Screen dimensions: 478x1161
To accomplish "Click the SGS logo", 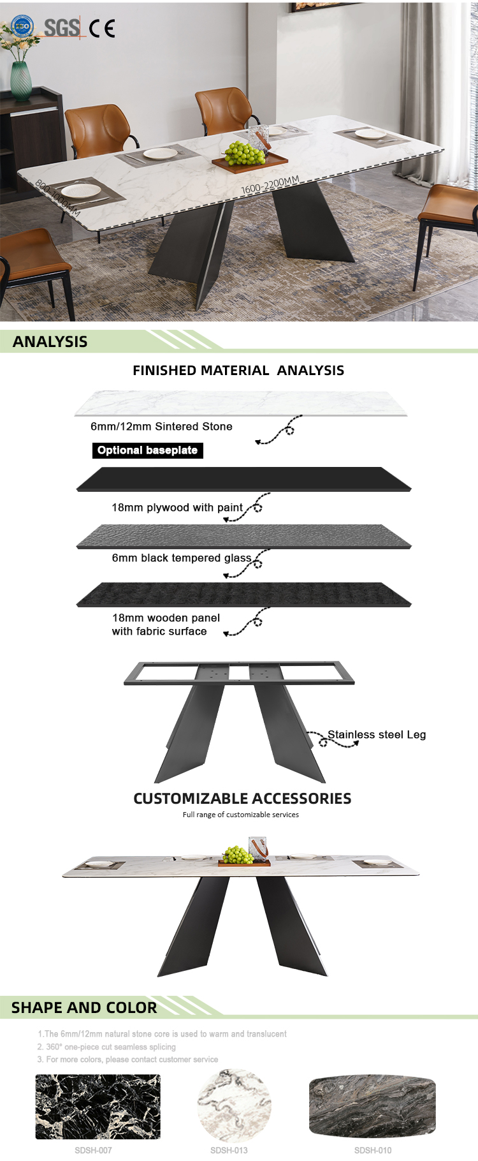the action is click(x=62, y=27).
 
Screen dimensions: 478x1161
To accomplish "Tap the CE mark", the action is click(x=102, y=29).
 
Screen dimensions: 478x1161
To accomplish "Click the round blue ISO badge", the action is click(x=22, y=27).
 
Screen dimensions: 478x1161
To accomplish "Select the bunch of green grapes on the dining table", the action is click(x=245, y=153).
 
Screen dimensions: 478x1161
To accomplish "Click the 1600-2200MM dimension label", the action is click(x=270, y=184).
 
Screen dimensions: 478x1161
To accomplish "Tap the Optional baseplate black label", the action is click(x=148, y=450).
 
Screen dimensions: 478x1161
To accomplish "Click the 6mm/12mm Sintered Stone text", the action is click(x=161, y=426).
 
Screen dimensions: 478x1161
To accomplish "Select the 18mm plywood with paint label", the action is click(x=177, y=508).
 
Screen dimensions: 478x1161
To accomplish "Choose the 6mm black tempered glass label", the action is click(x=182, y=558).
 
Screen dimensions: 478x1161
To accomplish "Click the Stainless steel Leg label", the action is click(x=377, y=735).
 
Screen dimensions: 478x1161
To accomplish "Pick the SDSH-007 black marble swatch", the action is click(x=98, y=1107).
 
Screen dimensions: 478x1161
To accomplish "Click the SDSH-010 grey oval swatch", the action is click(x=373, y=1107).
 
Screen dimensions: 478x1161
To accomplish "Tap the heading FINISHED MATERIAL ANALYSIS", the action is click(x=238, y=371).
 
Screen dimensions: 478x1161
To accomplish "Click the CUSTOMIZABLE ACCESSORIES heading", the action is click(x=242, y=799).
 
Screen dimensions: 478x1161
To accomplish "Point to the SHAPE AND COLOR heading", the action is click(x=84, y=1008).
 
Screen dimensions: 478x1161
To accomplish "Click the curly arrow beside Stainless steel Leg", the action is click(x=333, y=739).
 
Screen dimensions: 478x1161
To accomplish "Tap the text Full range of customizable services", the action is click(x=241, y=815).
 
